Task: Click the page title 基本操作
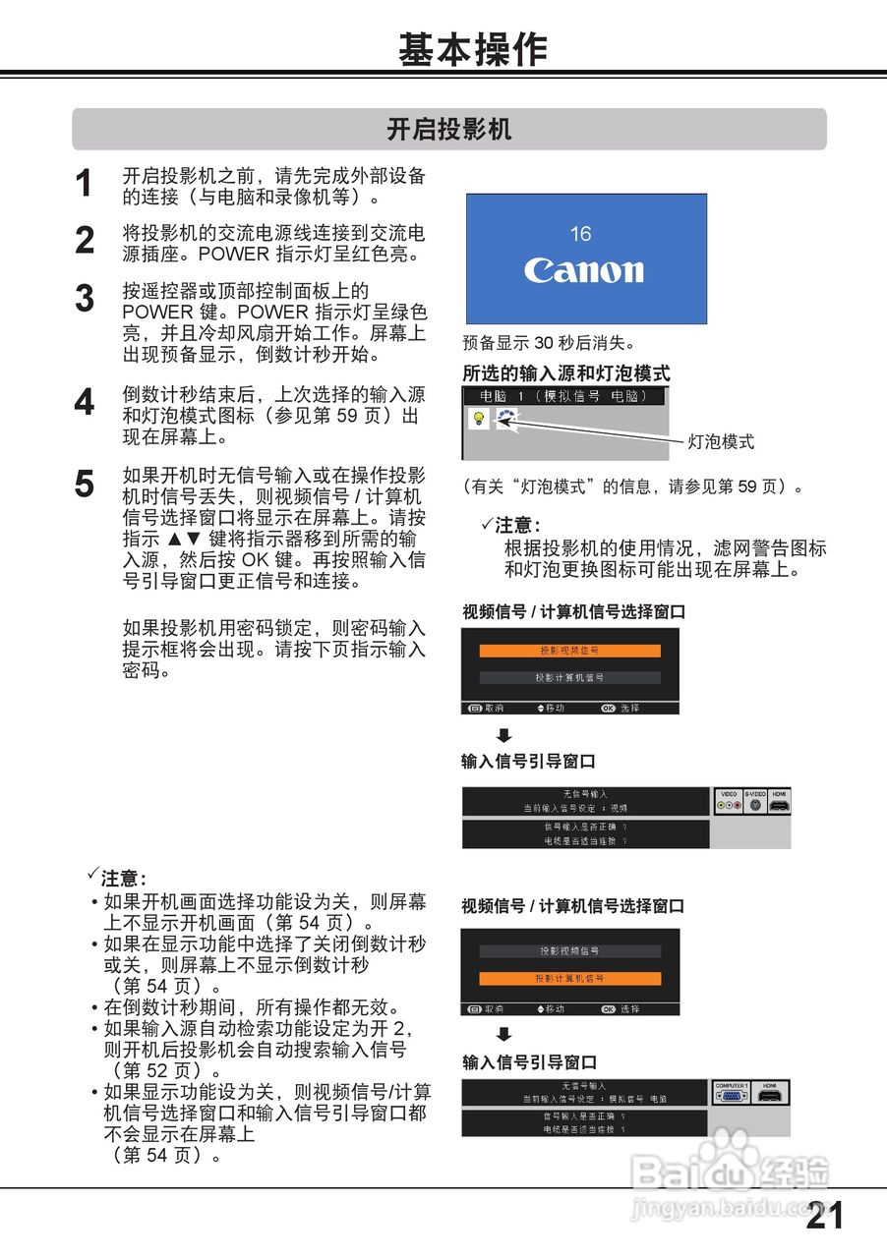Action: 472,49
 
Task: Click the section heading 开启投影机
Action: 449,130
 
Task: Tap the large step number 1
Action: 85,184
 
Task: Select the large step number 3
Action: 85,298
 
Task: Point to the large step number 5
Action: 85,484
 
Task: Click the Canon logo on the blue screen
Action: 584,270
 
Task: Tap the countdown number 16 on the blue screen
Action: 580,234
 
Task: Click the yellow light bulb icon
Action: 479,418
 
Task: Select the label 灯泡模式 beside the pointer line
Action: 721,441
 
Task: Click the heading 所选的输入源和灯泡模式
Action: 566,373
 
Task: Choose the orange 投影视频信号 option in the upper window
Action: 569,651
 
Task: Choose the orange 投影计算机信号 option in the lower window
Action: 569,978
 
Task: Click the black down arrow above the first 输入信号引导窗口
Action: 503,735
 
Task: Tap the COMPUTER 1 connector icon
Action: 731,1095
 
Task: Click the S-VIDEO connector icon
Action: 755,804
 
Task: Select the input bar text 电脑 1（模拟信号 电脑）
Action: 563,396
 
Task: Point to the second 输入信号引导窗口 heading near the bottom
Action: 530,1062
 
